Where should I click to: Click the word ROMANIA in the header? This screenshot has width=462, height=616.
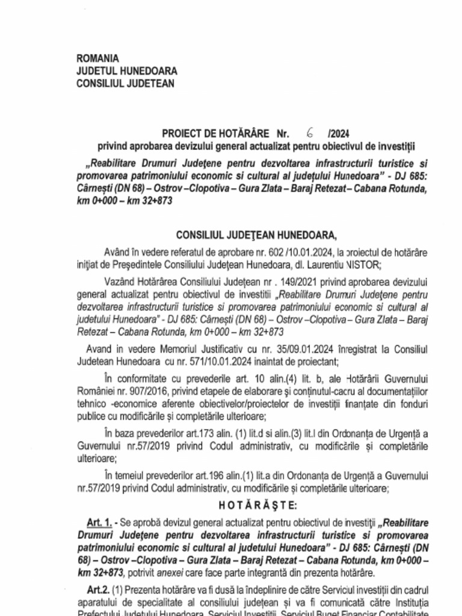point(98,58)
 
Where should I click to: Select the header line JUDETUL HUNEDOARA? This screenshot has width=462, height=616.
point(126,71)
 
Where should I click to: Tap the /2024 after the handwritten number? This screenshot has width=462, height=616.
point(340,134)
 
